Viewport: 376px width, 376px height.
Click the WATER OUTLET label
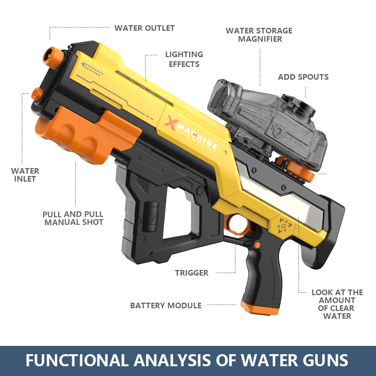click(144, 28)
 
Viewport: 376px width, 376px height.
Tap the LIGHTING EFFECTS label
click(184, 59)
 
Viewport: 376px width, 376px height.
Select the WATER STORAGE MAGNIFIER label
click(259, 35)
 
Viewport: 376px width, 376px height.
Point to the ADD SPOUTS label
click(303, 77)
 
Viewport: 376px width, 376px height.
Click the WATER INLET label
click(25, 175)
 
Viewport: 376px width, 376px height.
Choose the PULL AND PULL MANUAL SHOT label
click(73, 218)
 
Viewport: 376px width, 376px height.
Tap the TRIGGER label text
click(191, 273)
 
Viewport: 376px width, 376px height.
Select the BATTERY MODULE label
click(166, 305)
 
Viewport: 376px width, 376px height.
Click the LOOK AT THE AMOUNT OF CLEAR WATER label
click(337, 304)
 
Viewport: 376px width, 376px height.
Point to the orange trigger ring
click(239, 225)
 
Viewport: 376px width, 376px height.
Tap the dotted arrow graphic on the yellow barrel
click(92, 68)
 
